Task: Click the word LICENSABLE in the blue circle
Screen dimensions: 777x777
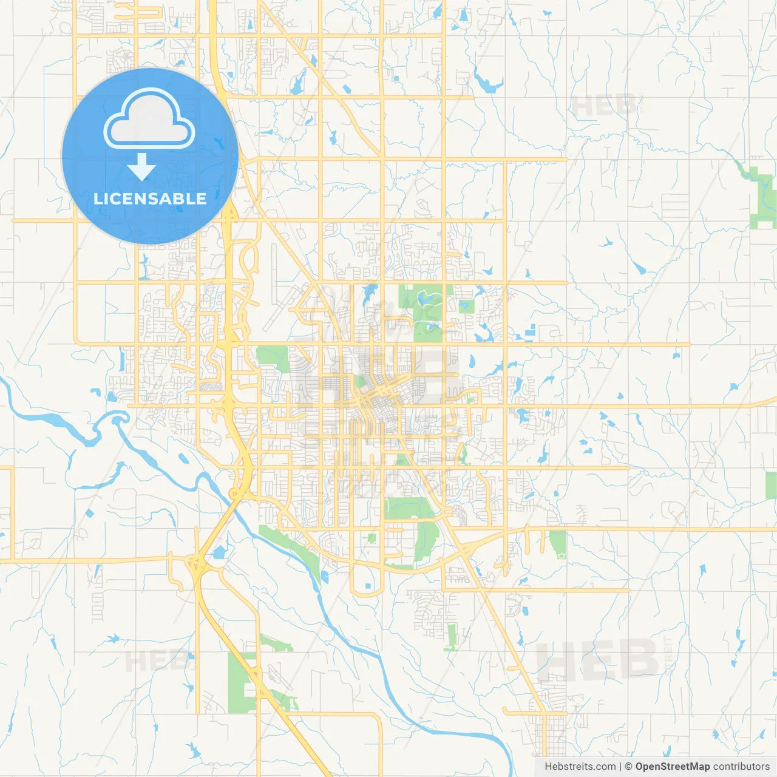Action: [x=150, y=198]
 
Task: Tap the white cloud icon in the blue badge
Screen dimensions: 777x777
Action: [x=149, y=119]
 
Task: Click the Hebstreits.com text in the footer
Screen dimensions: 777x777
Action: [x=580, y=767]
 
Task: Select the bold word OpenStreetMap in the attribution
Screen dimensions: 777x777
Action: [x=673, y=767]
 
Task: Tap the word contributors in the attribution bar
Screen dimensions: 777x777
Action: [x=741, y=767]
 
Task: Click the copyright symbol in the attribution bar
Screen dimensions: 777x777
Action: [x=629, y=767]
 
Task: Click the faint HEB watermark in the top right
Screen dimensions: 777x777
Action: [x=604, y=106]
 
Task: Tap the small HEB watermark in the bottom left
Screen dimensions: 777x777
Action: [x=155, y=660]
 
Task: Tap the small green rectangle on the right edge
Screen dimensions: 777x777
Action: [x=771, y=485]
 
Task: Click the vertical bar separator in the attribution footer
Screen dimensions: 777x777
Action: [x=620, y=767]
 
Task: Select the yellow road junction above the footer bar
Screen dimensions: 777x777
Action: [x=546, y=714]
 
